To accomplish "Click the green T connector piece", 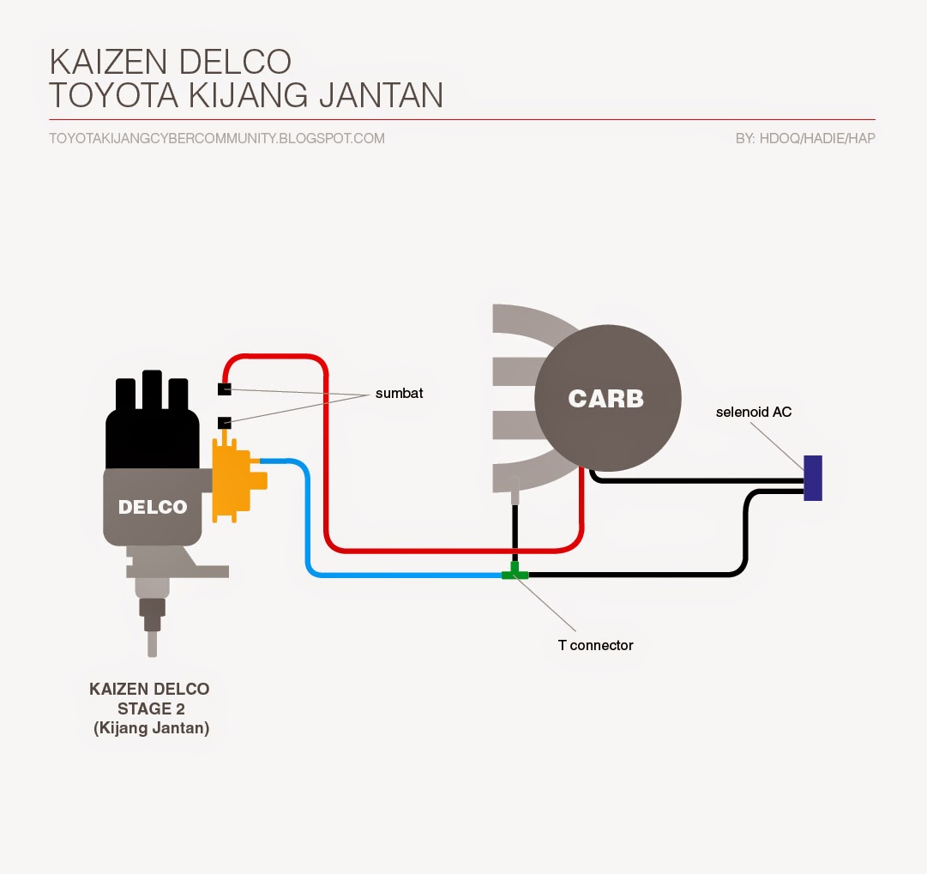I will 515,573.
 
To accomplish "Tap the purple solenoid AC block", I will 813,478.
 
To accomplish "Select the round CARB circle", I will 607,399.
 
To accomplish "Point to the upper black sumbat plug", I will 224,390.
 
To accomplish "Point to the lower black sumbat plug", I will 224,423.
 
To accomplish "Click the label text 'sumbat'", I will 399,394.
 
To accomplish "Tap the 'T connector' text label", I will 595,645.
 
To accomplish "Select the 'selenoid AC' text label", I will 754,413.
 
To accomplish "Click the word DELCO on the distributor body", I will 153,507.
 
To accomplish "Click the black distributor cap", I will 153,429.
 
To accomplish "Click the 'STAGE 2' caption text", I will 150,708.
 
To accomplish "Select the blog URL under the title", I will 217,138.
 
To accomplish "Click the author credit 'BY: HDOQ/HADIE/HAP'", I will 805,138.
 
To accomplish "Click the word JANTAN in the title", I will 381,95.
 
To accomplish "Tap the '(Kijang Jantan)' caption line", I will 150,728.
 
